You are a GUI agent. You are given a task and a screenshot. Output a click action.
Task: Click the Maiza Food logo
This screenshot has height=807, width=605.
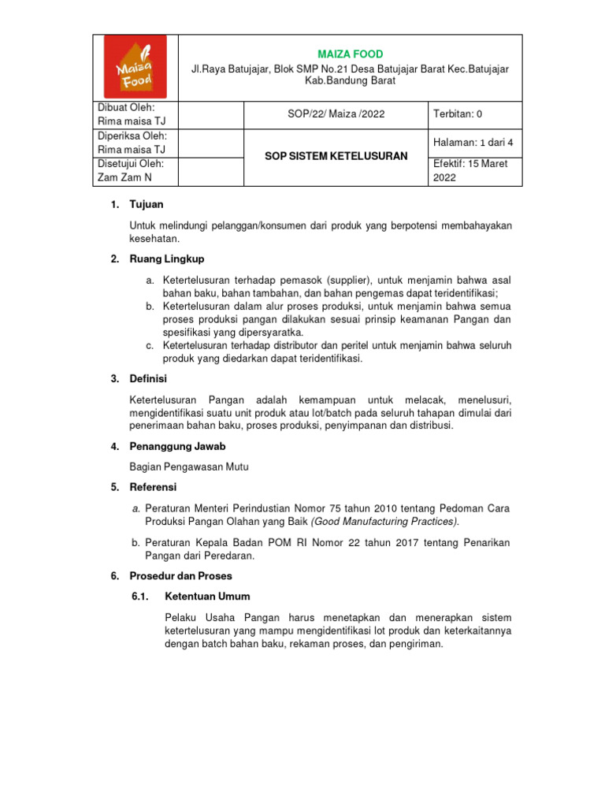click(135, 68)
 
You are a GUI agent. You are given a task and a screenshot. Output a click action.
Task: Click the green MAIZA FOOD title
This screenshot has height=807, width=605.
click(350, 54)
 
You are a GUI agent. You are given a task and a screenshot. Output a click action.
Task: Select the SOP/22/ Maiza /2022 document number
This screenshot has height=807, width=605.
click(336, 114)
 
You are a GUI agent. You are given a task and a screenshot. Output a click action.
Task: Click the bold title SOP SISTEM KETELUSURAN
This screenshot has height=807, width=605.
click(336, 156)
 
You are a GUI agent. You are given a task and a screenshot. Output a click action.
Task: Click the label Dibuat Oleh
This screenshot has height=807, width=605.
click(125, 107)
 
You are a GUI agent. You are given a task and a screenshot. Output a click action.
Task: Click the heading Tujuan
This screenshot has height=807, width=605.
click(147, 205)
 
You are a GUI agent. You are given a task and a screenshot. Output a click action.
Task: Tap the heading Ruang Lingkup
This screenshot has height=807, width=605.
click(166, 259)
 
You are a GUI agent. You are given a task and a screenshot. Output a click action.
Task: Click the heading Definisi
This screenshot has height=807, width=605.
click(149, 379)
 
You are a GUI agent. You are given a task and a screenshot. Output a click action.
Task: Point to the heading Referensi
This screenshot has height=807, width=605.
click(154, 487)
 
